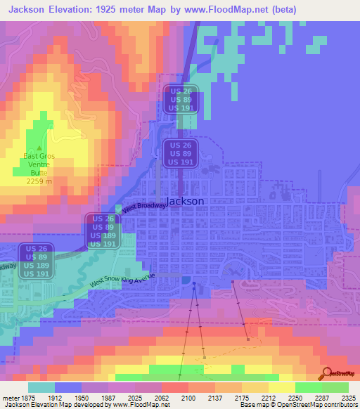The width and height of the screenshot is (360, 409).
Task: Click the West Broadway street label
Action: point(144,207)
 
